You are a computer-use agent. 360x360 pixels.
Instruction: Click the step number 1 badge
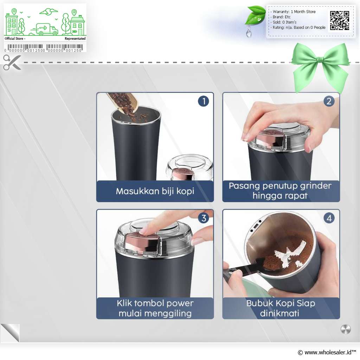coord(204,101)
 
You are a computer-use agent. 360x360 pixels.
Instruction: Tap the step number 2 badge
coord(329,101)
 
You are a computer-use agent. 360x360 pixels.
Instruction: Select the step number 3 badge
coord(204,218)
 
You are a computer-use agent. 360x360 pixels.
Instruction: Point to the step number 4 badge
coord(329,218)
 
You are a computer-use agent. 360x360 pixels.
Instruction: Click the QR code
coord(340,20)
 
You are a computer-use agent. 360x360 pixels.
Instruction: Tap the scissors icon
coord(12,62)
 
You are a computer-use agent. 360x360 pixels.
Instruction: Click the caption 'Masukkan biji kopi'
coord(155,191)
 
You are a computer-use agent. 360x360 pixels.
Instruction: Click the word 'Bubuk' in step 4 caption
coord(259,303)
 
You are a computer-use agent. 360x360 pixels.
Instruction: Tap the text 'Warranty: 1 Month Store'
coord(294,12)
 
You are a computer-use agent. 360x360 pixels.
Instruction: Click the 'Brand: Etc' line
coord(282,17)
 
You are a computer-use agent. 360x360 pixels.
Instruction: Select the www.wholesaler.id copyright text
coord(327,352)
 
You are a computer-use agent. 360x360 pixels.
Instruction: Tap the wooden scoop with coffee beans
coord(124,103)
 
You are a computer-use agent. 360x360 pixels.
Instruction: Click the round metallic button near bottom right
coord(346,329)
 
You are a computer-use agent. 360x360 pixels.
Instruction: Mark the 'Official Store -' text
coord(15,39)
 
